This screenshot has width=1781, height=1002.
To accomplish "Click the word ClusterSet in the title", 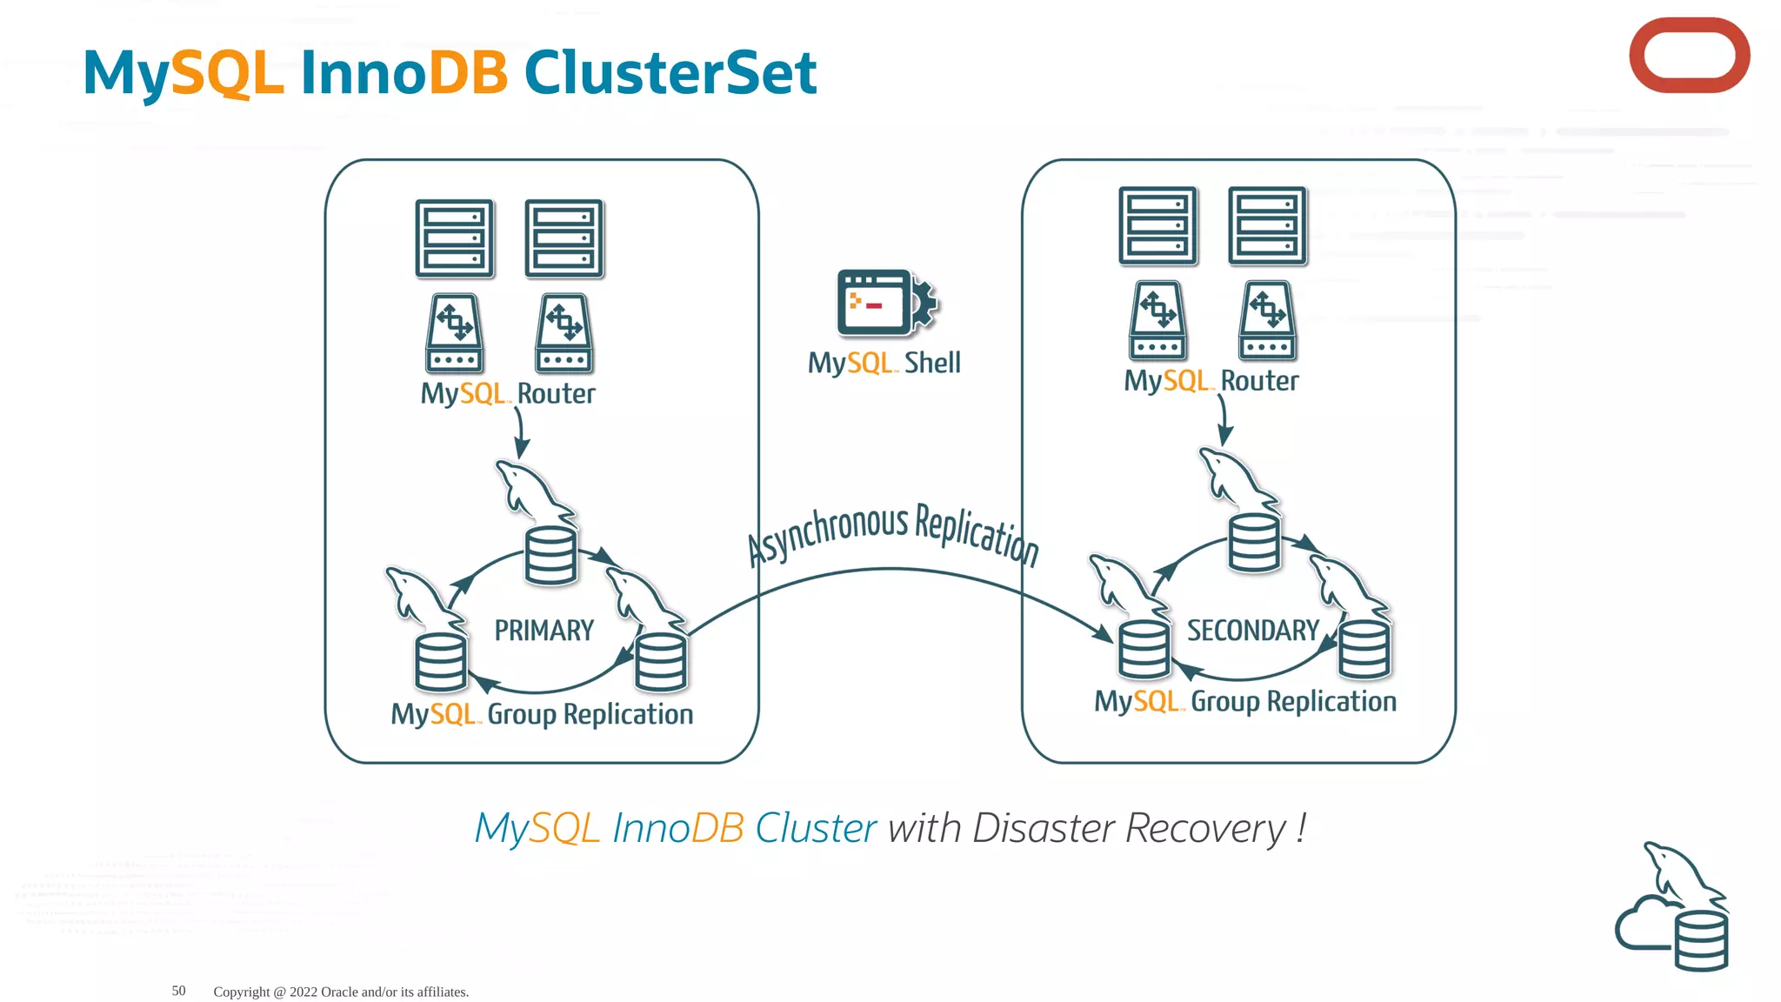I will [670, 72].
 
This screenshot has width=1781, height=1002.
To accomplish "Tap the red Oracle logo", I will [1689, 56].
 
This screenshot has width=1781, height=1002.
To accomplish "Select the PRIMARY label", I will [544, 631].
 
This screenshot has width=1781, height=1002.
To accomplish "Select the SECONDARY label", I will [1253, 631].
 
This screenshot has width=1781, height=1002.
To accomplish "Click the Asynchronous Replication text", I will [893, 532].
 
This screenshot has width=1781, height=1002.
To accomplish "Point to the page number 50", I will [178, 991].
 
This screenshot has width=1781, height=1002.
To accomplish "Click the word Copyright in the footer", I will [242, 992].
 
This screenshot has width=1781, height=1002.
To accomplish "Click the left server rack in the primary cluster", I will [454, 238].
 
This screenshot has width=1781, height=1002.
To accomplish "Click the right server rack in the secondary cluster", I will [1267, 225].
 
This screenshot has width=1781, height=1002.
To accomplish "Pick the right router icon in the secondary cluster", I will [1267, 321].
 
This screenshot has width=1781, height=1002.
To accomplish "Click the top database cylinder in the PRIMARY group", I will [550, 556].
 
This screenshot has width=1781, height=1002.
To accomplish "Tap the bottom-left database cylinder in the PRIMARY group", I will [441, 662].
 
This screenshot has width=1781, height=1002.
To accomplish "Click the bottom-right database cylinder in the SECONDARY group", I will [1364, 649].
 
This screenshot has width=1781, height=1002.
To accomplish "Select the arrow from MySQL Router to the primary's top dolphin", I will [520, 431].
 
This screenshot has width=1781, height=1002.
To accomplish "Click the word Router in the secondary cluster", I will [1259, 381].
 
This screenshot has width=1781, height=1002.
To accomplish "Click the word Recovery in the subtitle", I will [1205, 828].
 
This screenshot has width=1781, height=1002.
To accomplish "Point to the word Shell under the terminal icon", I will [932, 363].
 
